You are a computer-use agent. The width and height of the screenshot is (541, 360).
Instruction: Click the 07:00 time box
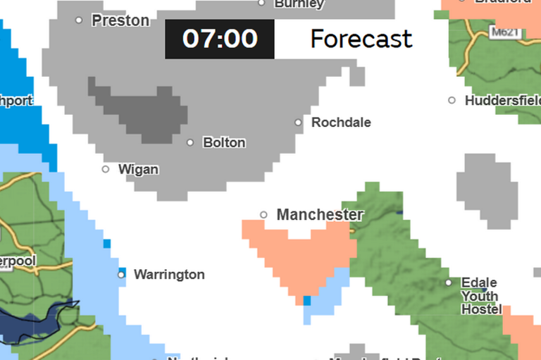220,39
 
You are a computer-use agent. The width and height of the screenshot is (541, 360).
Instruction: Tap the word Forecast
361,39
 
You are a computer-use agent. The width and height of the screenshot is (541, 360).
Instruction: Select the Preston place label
120,20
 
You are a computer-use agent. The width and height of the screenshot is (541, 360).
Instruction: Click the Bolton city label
224,142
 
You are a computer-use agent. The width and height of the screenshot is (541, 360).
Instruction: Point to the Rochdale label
341,122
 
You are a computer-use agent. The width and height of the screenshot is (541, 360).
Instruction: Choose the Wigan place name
138,169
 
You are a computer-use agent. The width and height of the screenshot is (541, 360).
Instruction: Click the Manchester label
320,214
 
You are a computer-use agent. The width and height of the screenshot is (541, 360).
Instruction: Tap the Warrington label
169,274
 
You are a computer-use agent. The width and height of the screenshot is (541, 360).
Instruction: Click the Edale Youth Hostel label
480,296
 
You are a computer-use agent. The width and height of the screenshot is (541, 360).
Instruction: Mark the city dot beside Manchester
264,215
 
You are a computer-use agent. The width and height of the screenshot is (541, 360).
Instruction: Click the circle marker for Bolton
190,142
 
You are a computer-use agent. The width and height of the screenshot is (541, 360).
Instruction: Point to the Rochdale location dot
298,123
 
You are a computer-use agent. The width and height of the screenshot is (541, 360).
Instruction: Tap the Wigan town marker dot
106,169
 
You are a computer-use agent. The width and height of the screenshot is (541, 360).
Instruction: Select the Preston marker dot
79,20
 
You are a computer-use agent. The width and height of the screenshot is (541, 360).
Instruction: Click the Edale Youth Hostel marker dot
449,283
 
